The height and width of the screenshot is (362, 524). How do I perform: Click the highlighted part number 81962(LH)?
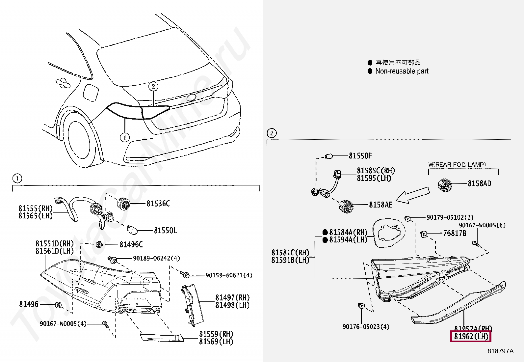471,337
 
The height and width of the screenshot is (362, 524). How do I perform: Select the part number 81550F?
360,156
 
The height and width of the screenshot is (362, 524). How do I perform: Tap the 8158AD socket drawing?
445,185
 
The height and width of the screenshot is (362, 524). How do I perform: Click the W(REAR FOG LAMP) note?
457,164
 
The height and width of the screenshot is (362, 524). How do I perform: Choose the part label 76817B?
455,234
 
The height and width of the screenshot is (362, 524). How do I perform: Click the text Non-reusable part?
402,71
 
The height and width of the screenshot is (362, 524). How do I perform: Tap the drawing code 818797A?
500,351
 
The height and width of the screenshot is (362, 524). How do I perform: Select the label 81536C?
158,204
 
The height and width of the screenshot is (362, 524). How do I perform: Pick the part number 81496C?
131,244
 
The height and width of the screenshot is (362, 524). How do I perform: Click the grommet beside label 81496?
58,305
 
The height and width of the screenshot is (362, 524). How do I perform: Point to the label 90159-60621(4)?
229,275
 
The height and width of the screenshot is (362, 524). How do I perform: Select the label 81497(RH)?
232,298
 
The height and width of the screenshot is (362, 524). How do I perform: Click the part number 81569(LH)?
216,342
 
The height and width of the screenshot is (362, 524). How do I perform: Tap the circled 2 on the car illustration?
153,87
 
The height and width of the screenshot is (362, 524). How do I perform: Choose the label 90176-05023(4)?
366,327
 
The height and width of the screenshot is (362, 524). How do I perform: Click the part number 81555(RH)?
35,209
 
